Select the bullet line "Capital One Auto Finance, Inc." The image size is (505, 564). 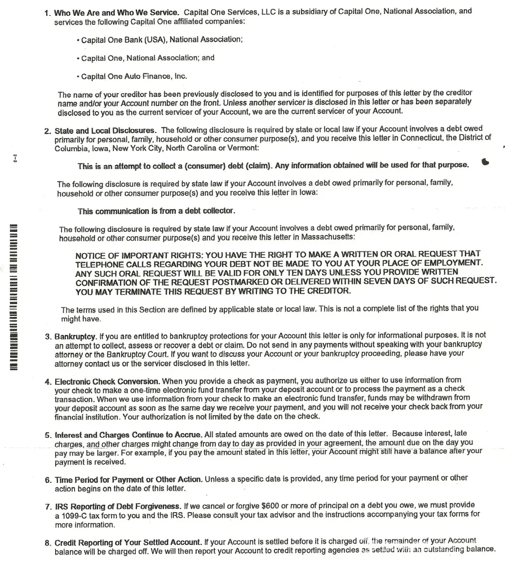click(x=134, y=76)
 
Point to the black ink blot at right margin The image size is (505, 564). click(x=486, y=162)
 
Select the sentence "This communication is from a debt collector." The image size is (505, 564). click(x=156, y=211)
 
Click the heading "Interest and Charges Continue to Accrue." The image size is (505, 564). click(x=128, y=435)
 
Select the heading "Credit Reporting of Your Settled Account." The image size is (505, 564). click(x=128, y=542)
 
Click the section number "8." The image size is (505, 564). click(x=48, y=543)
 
